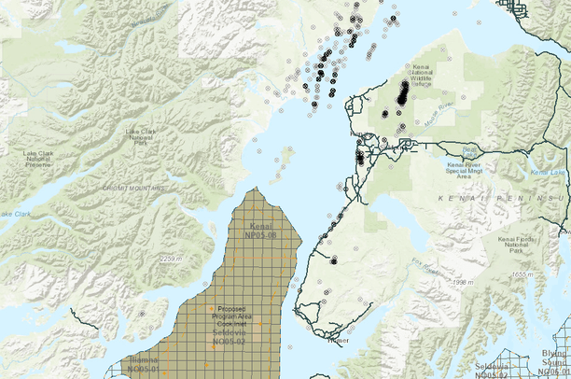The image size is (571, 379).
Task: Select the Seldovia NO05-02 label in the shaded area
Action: (229, 338)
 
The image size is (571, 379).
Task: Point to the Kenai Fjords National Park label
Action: (519, 245)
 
